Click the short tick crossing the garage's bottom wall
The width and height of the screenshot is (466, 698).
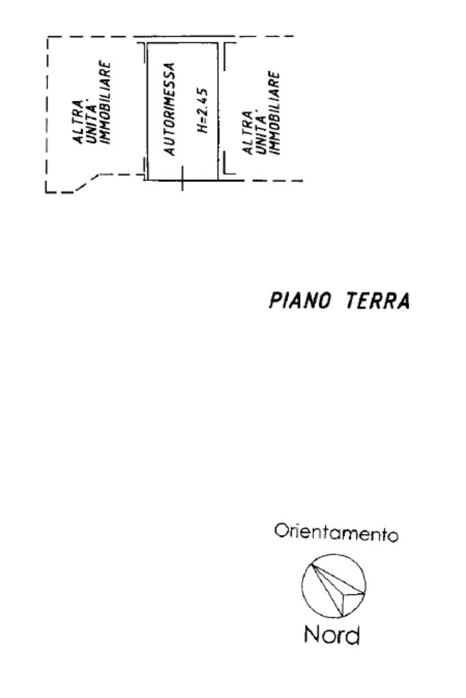(x=182, y=181)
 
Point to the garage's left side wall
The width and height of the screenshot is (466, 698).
(x=148, y=109)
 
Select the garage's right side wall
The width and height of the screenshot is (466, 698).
(x=218, y=109)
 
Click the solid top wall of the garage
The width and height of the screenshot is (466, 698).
(x=183, y=42)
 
